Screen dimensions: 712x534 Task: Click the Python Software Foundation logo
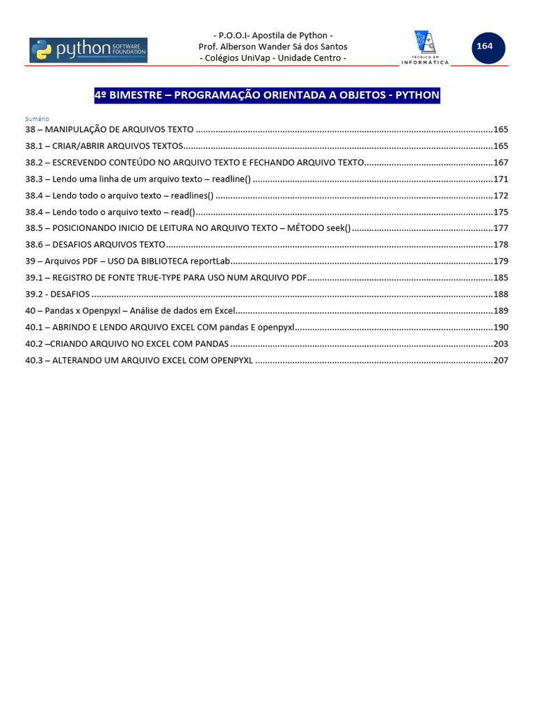88,50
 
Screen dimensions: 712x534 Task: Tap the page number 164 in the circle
484,47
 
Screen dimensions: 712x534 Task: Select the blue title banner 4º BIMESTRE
267,95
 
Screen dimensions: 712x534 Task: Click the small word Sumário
37,119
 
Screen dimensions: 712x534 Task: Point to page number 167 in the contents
501,162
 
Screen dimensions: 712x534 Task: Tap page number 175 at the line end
501,212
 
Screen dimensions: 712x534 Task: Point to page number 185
501,277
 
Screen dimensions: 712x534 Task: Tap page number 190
501,327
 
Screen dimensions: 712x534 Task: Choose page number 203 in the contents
501,343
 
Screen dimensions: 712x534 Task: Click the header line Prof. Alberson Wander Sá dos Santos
273,47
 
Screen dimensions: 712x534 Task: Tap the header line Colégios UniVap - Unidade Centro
273,58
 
